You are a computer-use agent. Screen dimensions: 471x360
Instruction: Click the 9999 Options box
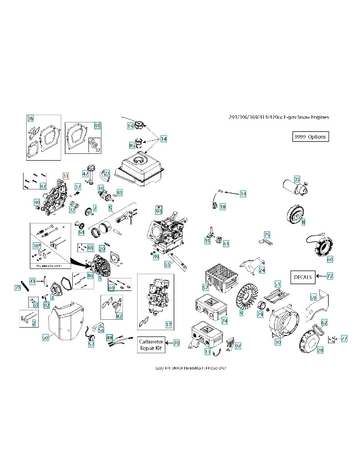(x=310, y=137)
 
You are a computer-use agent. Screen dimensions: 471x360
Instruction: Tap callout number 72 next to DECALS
(x=330, y=275)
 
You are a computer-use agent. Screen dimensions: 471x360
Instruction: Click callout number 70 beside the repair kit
(x=176, y=343)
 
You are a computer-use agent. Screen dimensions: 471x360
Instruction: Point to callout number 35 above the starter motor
(x=297, y=180)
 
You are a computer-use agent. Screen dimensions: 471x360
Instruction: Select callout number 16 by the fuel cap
(x=130, y=126)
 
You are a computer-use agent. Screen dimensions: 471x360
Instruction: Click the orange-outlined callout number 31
(x=65, y=176)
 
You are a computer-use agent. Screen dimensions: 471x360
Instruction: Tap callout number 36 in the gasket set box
(x=30, y=118)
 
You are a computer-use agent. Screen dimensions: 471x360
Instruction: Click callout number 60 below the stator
(x=330, y=259)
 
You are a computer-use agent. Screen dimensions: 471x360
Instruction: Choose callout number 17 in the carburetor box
(x=168, y=324)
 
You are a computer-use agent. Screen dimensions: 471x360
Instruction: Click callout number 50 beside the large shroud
(x=46, y=338)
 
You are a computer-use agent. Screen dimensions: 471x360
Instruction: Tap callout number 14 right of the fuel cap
(x=164, y=139)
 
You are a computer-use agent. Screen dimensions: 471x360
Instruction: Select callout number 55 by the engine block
(x=167, y=264)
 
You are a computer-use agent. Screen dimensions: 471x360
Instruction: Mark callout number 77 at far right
(x=344, y=339)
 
